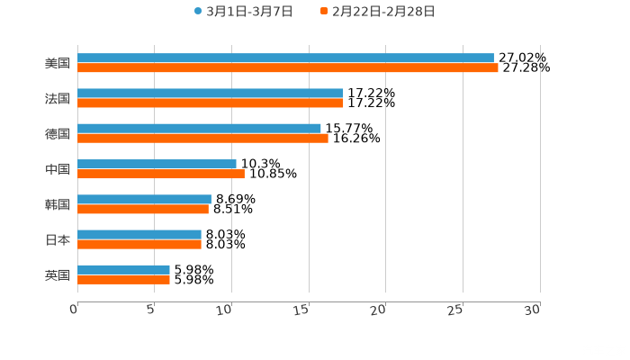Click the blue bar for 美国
[x=285, y=58]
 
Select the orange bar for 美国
[x=288, y=67]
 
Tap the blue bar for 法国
[x=211, y=93]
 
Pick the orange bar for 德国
[x=202, y=138]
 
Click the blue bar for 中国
[x=157, y=164]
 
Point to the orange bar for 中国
[x=160, y=174]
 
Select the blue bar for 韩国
[x=144, y=199]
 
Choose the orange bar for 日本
[x=139, y=244]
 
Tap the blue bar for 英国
[x=123, y=269]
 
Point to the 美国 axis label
[x=58, y=63]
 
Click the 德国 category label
[x=58, y=133]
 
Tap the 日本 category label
[x=58, y=239]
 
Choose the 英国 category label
[x=58, y=274]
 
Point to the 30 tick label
[x=534, y=310]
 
